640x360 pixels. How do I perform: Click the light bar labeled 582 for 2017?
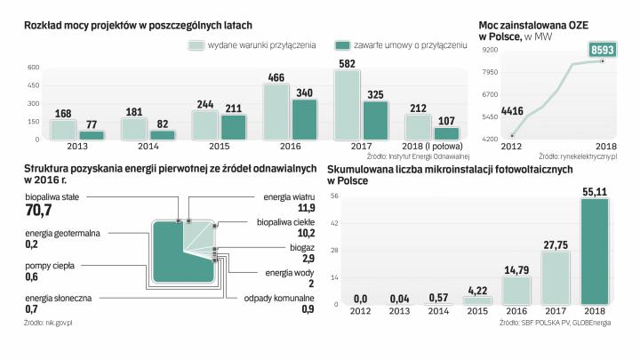pyautogui.click(x=348, y=104)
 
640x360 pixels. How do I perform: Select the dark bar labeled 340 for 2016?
pyautogui.click(x=304, y=119)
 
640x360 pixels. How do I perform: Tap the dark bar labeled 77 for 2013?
pyautogui.click(x=92, y=135)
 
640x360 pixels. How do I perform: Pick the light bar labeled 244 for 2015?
pyautogui.click(x=204, y=124)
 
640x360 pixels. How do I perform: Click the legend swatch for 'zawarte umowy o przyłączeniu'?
pyautogui.click(x=342, y=44)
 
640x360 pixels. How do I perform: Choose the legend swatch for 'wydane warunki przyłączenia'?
pyautogui.click(x=196, y=44)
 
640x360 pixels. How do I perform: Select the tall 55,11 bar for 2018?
pyautogui.click(x=594, y=252)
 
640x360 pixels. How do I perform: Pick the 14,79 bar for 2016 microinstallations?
pyautogui.click(x=516, y=291)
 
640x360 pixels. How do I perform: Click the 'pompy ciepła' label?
pyautogui.click(x=50, y=265)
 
